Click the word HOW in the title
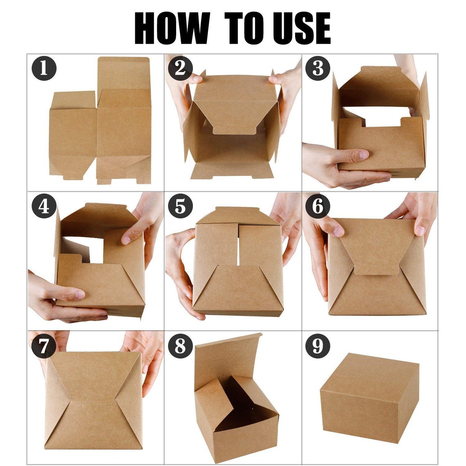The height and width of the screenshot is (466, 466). click(x=172, y=28)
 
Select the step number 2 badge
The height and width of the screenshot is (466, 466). click(x=180, y=68)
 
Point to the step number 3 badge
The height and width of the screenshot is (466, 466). click(x=318, y=68)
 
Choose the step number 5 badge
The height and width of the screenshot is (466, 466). click(x=180, y=206)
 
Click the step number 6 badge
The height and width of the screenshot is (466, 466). click(x=318, y=206)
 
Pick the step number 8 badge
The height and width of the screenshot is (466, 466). click(x=180, y=346)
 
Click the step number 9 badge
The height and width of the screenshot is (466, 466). click(x=318, y=346)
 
